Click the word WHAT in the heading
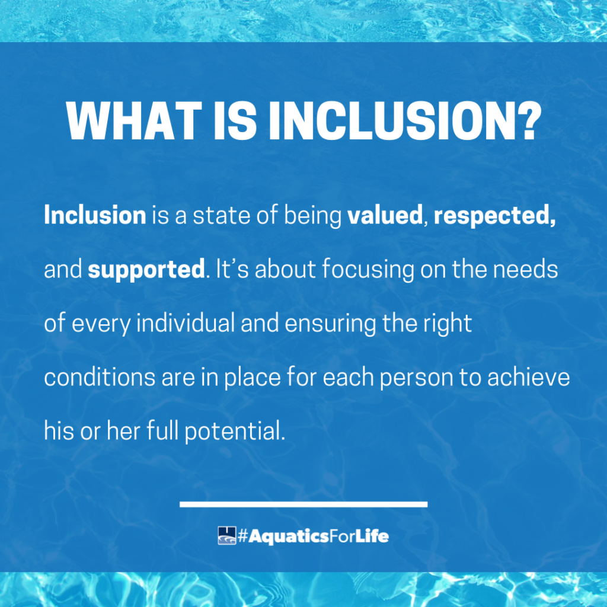click(134, 120)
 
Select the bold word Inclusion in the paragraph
click(95, 215)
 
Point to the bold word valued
click(385, 215)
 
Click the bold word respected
click(494, 216)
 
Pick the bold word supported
click(146, 270)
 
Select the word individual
click(186, 323)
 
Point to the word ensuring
click(330, 324)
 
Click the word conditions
click(100, 377)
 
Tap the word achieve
click(528, 377)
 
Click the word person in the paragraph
click(416, 379)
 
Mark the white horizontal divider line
click(303, 504)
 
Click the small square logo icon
click(227, 536)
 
